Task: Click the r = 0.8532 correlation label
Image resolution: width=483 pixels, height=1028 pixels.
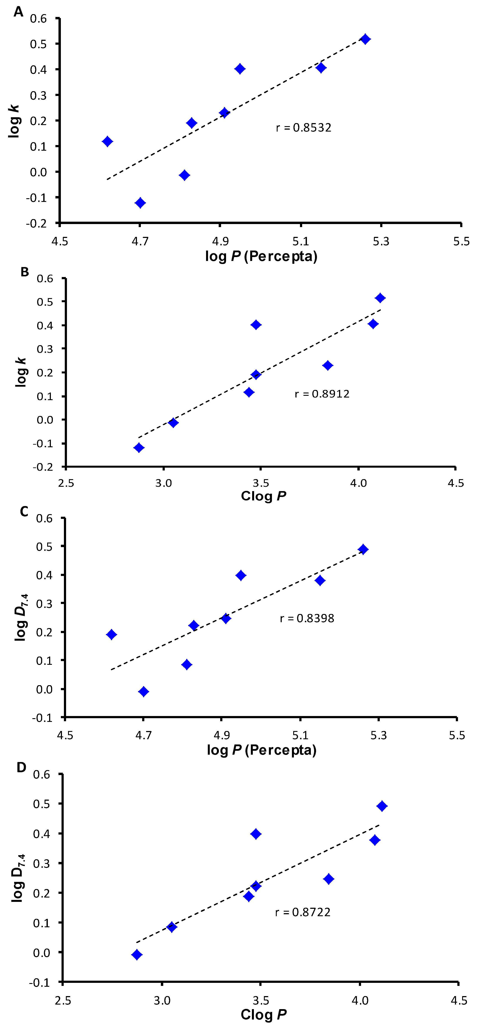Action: pos(304,128)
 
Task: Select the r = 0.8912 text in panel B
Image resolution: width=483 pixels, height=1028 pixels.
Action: pos(322,394)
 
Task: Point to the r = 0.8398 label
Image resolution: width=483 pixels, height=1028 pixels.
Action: pos(307,618)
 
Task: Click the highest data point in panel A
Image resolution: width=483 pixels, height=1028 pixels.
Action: pos(365,39)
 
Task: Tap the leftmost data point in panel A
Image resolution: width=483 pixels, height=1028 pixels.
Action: pos(107,141)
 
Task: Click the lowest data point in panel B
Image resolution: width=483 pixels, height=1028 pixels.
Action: pos(139,447)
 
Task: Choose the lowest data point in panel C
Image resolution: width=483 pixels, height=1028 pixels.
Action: pos(143,691)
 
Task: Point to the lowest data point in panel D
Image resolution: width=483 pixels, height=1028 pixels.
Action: pos(137,955)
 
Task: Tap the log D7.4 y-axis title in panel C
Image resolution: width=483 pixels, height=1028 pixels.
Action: pos(21,617)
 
